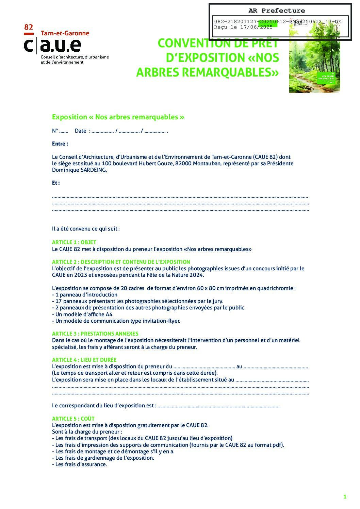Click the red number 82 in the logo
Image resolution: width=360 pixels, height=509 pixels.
(29, 27)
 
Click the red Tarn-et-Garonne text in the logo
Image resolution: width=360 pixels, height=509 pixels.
(65, 33)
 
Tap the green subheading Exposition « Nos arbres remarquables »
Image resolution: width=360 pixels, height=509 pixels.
(118, 117)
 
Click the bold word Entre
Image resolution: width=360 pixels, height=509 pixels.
(60, 144)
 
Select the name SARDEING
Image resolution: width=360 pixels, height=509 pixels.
(93, 170)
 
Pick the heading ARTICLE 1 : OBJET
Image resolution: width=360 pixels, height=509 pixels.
(74, 242)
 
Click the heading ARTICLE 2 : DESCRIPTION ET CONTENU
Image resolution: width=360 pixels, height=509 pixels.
(121, 262)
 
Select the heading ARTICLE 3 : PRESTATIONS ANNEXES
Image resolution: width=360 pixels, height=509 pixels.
(95, 334)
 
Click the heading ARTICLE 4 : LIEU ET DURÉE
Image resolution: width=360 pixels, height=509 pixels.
(84, 360)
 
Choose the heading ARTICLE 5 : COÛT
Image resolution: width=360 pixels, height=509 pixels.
(73, 419)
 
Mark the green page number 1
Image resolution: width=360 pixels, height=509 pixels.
(345, 497)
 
